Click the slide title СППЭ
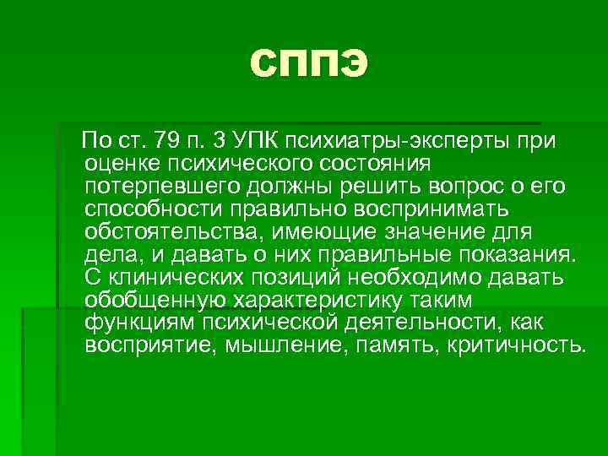[309, 65]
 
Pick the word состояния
[373, 162]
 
